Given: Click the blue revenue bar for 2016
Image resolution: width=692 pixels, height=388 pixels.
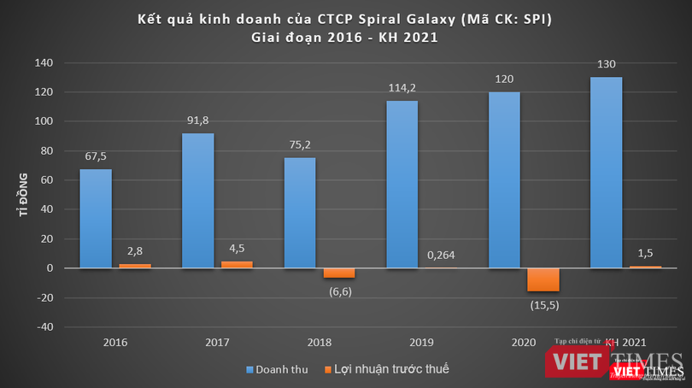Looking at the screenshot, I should [x=96, y=218].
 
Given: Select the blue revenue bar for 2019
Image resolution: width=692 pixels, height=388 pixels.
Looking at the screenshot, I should [x=402, y=184].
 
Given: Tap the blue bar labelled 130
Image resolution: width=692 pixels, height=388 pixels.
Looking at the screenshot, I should [x=606, y=172].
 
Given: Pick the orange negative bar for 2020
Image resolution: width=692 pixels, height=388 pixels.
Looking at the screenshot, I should [x=543, y=279].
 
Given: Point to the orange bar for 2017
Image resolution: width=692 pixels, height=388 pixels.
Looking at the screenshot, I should [x=238, y=265].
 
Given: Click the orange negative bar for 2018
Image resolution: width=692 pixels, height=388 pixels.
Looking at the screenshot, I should [x=339, y=273].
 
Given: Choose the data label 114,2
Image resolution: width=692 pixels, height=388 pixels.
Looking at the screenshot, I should [x=402, y=87].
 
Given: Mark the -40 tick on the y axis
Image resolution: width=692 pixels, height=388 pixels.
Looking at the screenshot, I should [x=44, y=326].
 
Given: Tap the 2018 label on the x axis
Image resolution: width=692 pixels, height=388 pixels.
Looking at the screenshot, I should [x=320, y=343].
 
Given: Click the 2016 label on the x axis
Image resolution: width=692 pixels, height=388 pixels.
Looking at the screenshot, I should [x=115, y=343].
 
